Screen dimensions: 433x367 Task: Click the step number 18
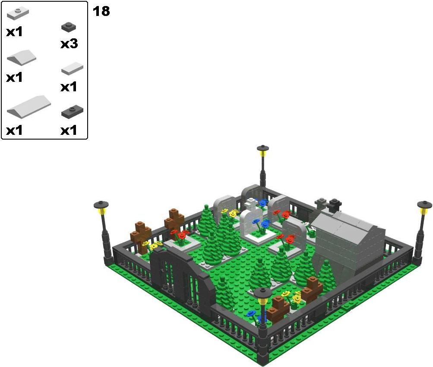(101, 11)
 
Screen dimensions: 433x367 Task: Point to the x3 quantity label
(69, 44)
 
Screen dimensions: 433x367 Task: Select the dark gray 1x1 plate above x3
(69, 27)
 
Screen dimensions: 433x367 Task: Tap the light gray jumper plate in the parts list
(18, 13)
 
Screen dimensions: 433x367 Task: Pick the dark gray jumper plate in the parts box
(72, 112)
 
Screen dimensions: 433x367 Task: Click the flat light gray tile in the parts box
(72, 68)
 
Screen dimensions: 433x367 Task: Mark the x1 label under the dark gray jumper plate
(69, 130)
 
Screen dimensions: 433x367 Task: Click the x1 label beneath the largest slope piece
(14, 130)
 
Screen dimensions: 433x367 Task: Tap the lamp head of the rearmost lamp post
(263, 150)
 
